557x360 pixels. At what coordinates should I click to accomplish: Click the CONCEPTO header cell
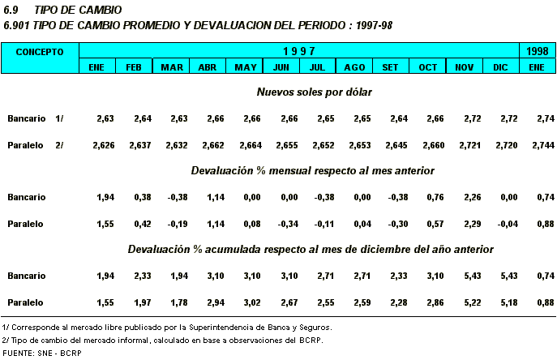(40, 51)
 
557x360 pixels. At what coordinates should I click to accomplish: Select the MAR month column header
(171, 66)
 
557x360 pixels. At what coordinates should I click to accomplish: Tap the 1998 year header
(536, 51)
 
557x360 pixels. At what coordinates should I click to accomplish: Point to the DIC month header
(499, 66)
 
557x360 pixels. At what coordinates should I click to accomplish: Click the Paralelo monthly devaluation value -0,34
(281, 223)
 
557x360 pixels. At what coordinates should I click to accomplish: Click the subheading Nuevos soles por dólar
(314, 92)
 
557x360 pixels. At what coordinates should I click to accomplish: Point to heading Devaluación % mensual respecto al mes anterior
(313, 171)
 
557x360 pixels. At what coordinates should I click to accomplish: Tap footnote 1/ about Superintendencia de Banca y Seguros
(167, 327)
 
